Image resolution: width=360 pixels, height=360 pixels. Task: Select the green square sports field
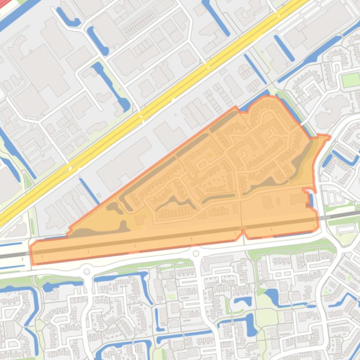pyautogui.click(x=350, y=80)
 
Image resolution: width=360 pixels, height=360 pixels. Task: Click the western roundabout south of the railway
pyautogui.click(x=86, y=271)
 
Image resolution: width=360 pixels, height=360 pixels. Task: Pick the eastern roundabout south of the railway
pyautogui.click(x=196, y=254)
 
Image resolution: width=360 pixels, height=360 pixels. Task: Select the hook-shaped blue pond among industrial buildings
pyautogui.click(x=68, y=18)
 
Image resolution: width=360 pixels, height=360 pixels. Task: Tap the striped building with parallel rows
pyautogui.click(x=139, y=22)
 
